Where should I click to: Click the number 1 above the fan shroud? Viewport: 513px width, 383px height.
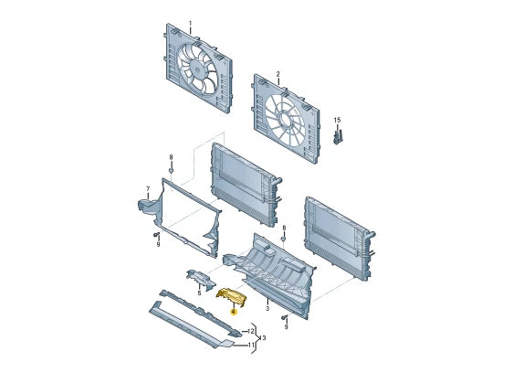click(x=191, y=23)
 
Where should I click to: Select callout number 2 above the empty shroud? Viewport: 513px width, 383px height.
click(x=278, y=74)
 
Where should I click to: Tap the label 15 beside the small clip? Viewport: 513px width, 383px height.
click(x=337, y=121)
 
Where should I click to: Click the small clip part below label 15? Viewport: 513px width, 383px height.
click(x=338, y=137)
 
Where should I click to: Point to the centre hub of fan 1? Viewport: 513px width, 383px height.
click(x=197, y=69)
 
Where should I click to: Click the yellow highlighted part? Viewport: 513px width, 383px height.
click(x=231, y=296)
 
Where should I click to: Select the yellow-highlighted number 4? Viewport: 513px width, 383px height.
click(x=233, y=312)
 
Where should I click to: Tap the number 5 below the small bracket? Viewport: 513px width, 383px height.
click(x=199, y=293)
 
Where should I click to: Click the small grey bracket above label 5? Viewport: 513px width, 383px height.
click(x=200, y=280)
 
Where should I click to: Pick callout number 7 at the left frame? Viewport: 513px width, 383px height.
click(x=148, y=189)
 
